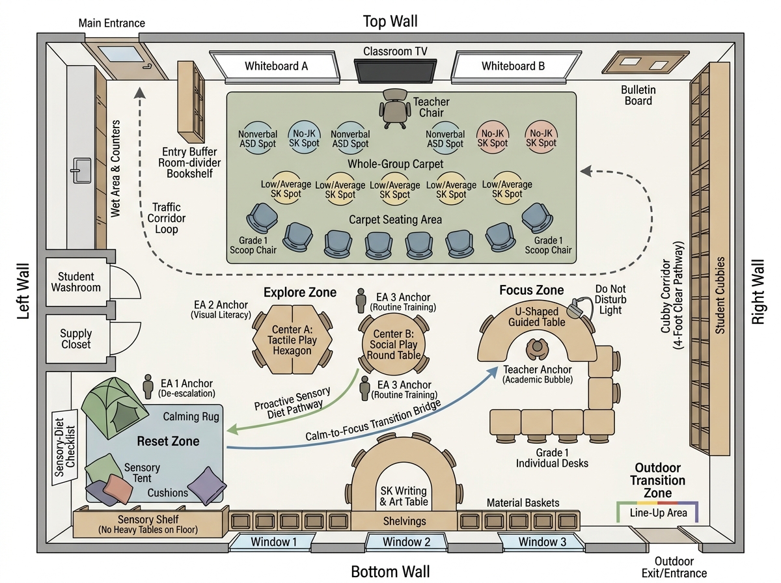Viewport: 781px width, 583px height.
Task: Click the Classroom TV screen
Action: [395, 71]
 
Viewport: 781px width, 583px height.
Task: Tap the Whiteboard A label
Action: [276, 66]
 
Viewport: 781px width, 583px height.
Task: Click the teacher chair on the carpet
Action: [394, 108]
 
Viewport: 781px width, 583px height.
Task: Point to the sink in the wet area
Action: [81, 170]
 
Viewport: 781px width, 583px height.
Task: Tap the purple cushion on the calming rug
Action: [207, 485]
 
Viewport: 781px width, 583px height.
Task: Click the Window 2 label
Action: [406, 542]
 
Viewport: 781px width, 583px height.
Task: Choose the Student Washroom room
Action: [76, 282]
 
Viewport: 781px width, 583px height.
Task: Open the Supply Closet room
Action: [76, 338]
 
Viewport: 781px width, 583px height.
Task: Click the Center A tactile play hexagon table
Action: [292, 340]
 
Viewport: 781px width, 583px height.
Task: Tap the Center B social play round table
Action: [394, 344]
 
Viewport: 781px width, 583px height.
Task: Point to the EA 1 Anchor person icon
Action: [148, 386]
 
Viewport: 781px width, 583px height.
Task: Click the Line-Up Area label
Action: [658, 513]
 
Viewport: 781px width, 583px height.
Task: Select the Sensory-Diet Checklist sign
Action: [64, 447]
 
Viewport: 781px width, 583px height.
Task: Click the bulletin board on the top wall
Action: [646, 62]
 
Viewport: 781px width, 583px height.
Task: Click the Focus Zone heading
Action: [532, 290]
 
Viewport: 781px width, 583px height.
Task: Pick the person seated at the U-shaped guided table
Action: [538, 349]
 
